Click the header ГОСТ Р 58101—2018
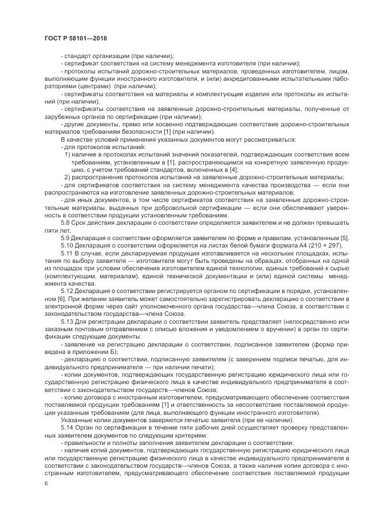click(76, 38)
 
